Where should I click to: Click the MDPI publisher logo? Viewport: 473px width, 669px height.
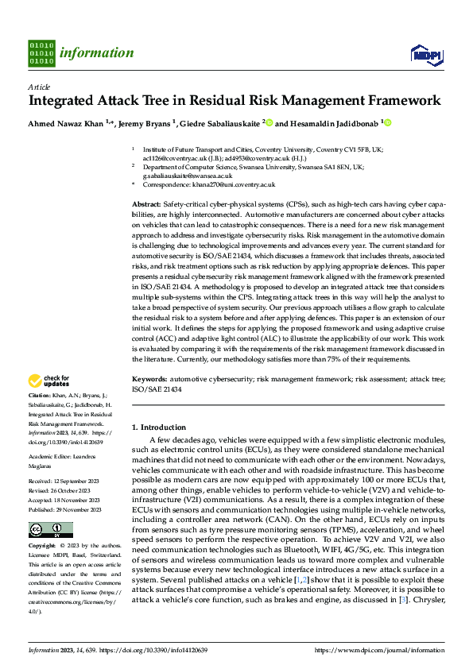pyautogui.click(x=425, y=53)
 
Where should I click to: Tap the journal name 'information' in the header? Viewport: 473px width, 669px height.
pyautogui.click(x=98, y=53)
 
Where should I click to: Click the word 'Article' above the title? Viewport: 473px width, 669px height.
pyautogui.click(x=39, y=87)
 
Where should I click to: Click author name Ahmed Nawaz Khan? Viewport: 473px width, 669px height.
pyautogui.click(x=66, y=123)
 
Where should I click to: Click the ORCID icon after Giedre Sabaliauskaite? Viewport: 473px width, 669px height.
pyautogui.click(x=269, y=123)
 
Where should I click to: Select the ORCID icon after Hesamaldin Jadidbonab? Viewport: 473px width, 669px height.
pyautogui.click(x=388, y=123)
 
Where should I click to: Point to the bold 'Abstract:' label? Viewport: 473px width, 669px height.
pyautogui.click(x=146, y=204)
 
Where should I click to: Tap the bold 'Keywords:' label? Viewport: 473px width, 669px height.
pyautogui.click(x=149, y=381)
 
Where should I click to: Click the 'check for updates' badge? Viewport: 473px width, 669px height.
pyautogui.click(x=49, y=381)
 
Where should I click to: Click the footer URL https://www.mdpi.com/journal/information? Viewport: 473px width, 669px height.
pyautogui.click(x=379, y=650)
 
